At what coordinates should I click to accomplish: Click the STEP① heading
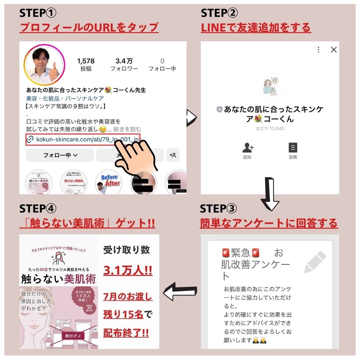[x=38, y=13]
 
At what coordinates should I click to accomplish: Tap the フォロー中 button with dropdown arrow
[x=60, y=155]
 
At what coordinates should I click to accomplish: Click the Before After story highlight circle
[x=109, y=182]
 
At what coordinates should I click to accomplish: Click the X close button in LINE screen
[x=333, y=50]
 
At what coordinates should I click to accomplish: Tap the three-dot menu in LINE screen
[x=318, y=50]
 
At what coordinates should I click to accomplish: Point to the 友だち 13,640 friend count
[x=270, y=129]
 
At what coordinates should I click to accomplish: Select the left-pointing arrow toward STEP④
[x=180, y=291]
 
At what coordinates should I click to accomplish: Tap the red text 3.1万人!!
[x=128, y=271]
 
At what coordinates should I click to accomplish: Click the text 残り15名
[x=123, y=314]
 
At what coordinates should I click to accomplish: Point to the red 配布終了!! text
[x=126, y=333]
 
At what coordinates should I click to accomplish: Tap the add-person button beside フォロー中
[x=173, y=155]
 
